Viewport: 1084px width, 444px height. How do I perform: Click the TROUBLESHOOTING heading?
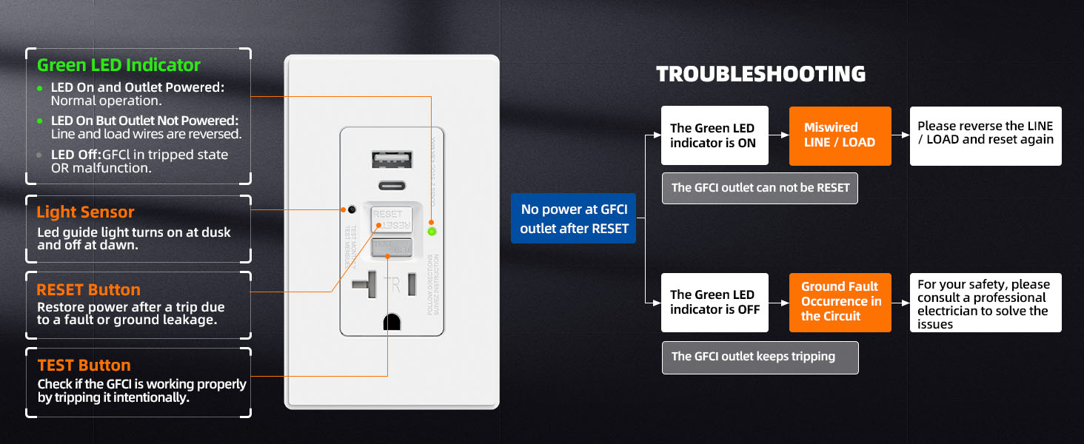pos(760,74)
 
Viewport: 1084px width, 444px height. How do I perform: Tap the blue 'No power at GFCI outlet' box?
pos(573,219)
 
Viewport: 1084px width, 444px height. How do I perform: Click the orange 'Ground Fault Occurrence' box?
pos(840,302)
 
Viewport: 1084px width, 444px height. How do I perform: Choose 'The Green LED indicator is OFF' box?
pos(714,302)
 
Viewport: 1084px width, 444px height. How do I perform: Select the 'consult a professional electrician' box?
pos(985,303)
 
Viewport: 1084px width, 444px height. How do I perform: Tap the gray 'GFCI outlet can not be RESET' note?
pos(760,188)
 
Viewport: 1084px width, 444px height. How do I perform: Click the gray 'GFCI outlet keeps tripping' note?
pos(760,357)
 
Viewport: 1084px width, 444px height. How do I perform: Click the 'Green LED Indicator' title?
pos(118,65)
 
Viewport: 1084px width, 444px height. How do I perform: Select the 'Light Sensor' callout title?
pos(85,212)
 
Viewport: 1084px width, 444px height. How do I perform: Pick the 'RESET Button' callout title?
pos(88,290)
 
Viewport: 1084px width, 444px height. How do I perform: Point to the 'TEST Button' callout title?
pos(84,366)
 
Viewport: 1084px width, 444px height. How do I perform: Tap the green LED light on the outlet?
pos(432,232)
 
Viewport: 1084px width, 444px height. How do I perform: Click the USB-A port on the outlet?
pos(385,161)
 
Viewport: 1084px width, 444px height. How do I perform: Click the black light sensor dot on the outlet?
pos(352,210)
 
